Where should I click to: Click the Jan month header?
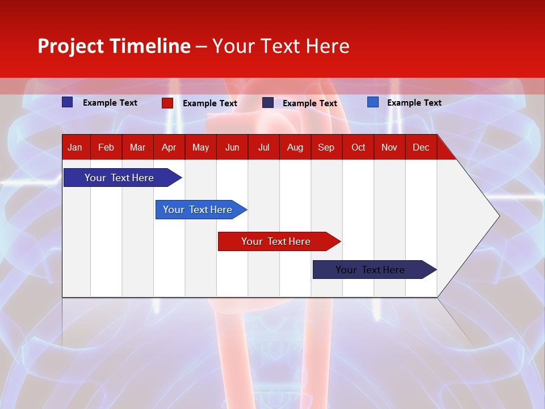click(x=75, y=147)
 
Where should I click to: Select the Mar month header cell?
click(x=137, y=147)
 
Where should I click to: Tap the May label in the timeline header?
click(x=200, y=147)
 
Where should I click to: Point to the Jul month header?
click(x=263, y=147)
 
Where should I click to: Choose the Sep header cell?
click(x=326, y=147)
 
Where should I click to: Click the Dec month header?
click(x=421, y=147)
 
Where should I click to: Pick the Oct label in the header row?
click(x=358, y=147)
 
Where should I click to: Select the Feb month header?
click(x=106, y=147)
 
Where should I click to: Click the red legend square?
click(x=167, y=103)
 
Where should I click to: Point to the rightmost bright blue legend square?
click(x=373, y=102)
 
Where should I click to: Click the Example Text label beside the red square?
click(x=209, y=103)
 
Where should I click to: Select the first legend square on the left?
click(x=67, y=102)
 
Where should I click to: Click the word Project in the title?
click(x=71, y=46)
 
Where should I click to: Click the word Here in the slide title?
click(x=328, y=46)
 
